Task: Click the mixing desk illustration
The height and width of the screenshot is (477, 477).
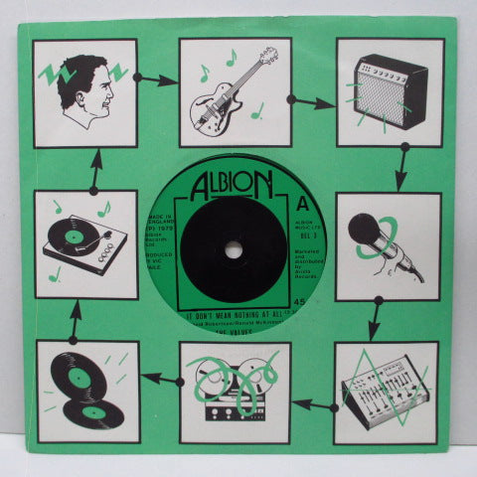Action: (x=386, y=393)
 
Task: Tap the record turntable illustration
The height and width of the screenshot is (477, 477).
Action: (x=85, y=244)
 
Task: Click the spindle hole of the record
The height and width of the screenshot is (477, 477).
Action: (x=235, y=248)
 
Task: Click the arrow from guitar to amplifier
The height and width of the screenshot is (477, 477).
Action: (x=312, y=100)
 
